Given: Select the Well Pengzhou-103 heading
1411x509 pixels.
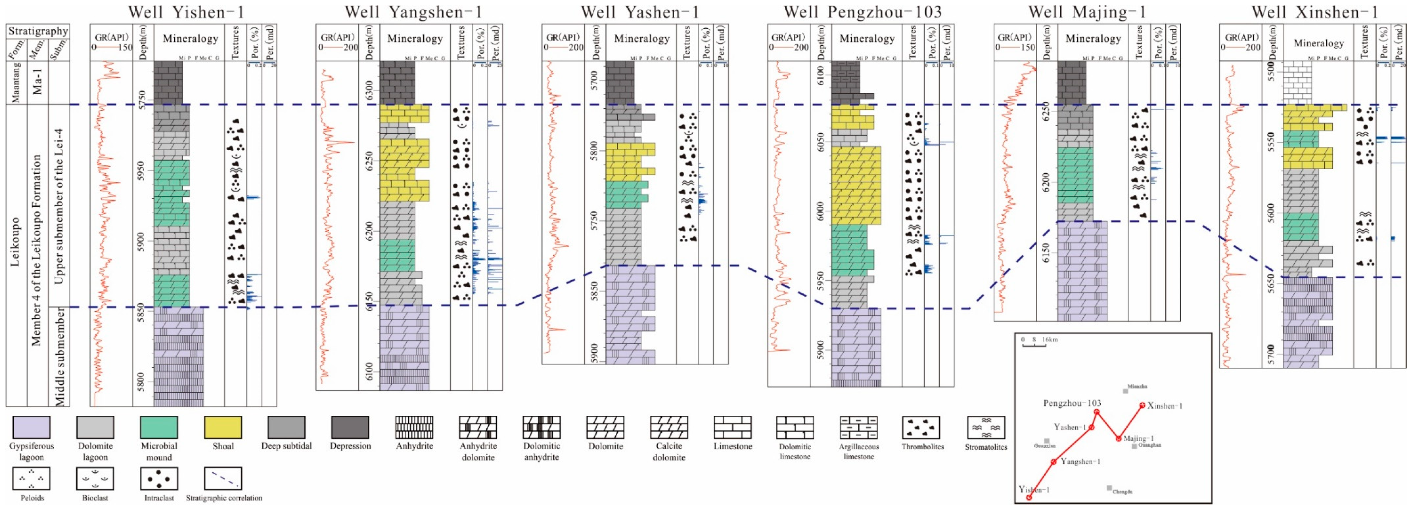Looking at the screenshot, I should (862, 12).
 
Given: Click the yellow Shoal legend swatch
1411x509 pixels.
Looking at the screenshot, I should (223, 427).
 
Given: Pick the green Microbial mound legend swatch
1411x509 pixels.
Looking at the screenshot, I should (159, 427).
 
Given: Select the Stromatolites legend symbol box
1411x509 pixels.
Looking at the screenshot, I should (986, 427).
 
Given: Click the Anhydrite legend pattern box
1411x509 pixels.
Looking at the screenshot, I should (414, 427).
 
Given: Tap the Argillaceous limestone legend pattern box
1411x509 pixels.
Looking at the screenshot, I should (858, 427).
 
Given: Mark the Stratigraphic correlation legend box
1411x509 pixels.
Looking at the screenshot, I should (223, 478).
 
